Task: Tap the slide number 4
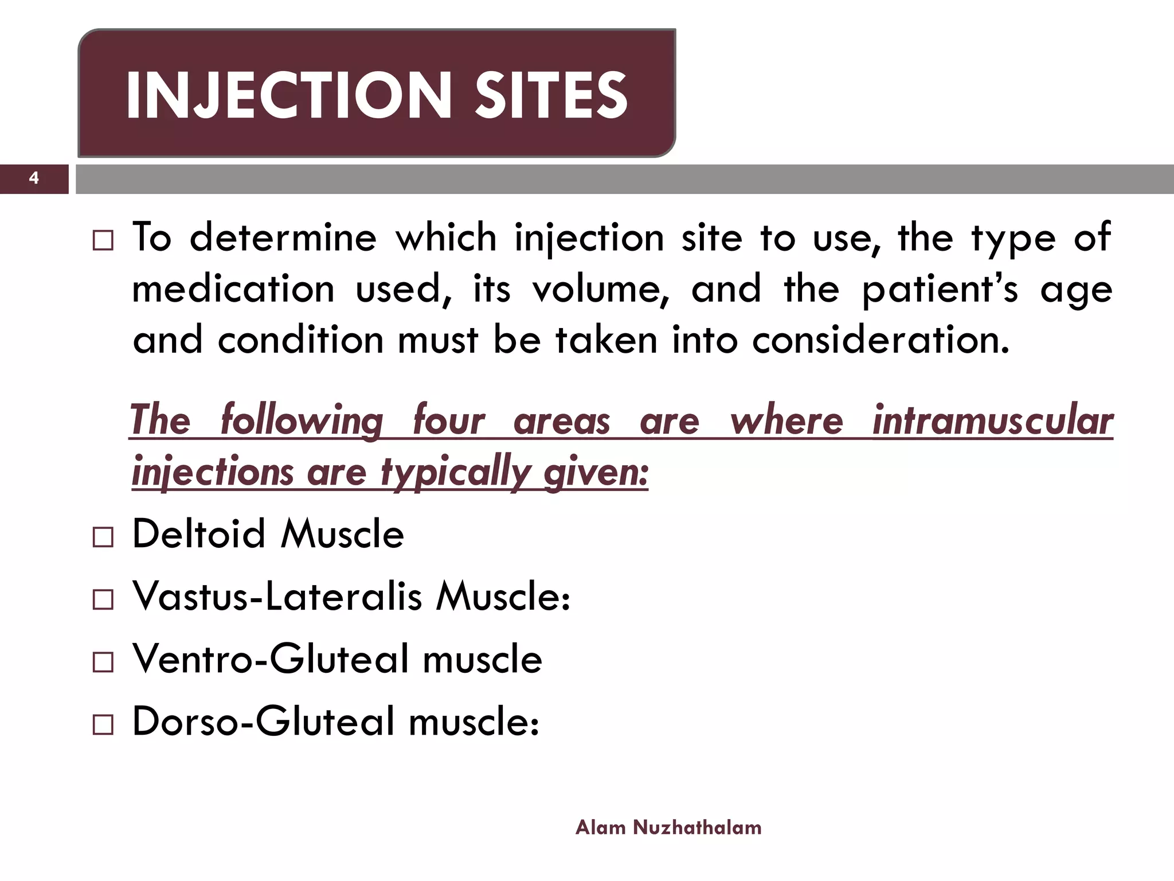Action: [x=34, y=178]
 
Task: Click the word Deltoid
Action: [x=199, y=533]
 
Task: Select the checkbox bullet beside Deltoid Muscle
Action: [x=103, y=537]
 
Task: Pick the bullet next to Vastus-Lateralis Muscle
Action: [x=103, y=600]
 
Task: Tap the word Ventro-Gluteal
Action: [x=271, y=658]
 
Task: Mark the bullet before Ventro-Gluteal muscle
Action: [x=103, y=662]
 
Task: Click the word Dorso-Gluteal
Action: [x=264, y=721]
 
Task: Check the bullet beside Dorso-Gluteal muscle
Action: [x=103, y=725]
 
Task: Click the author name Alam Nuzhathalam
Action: [x=668, y=827]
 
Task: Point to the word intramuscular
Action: [x=992, y=420]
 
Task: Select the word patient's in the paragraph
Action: [x=940, y=289]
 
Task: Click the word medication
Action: [x=233, y=289]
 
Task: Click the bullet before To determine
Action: [x=103, y=241]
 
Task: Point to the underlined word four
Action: [x=448, y=420]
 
